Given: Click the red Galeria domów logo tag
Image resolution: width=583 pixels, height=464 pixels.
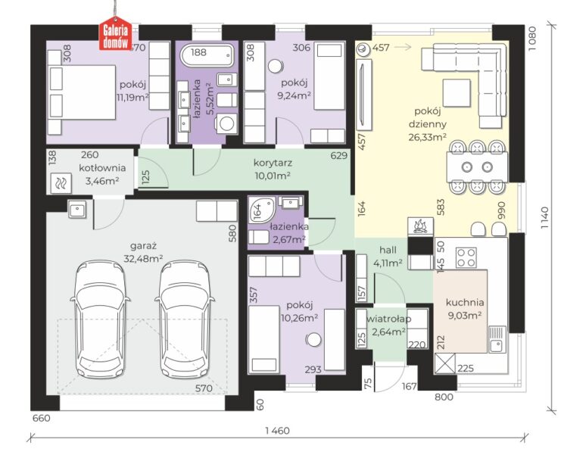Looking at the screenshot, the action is [115, 33].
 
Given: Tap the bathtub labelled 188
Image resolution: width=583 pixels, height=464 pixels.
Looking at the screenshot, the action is [207, 55].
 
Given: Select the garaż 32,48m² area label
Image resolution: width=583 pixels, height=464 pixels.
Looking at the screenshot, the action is [144, 252].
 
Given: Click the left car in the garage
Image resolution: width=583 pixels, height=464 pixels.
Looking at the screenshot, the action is [100, 319].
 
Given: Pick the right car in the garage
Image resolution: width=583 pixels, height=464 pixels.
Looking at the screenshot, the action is [185, 319].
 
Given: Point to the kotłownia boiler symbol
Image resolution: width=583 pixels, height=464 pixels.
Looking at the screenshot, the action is [61, 183].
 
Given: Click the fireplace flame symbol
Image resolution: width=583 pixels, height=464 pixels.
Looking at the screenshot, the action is [420, 226].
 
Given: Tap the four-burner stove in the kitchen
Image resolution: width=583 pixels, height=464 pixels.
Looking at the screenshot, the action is [466, 257].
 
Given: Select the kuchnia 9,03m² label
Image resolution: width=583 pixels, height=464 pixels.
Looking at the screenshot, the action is [465, 309].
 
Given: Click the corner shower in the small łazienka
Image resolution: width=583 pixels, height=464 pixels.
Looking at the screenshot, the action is [261, 210].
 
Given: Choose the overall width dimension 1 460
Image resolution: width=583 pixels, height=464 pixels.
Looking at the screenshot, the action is [277, 431].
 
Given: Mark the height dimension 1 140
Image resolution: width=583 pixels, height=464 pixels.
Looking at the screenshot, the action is [544, 217].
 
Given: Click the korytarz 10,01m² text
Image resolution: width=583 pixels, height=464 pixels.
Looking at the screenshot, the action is [273, 169].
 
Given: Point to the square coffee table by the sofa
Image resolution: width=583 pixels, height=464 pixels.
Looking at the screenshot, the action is [457, 93].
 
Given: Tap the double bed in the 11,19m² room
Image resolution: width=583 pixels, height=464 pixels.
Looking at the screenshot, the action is [82, 92].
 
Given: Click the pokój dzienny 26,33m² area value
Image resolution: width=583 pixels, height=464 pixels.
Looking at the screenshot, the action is [428, 137].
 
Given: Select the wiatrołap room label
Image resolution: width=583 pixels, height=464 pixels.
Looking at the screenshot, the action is [389, 319].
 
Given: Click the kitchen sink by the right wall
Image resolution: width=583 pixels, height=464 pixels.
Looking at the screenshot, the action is [497, 338].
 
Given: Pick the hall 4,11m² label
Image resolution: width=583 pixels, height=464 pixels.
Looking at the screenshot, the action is [388, 256].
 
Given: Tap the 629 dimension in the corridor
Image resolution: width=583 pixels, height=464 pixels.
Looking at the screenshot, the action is [339, 155].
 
